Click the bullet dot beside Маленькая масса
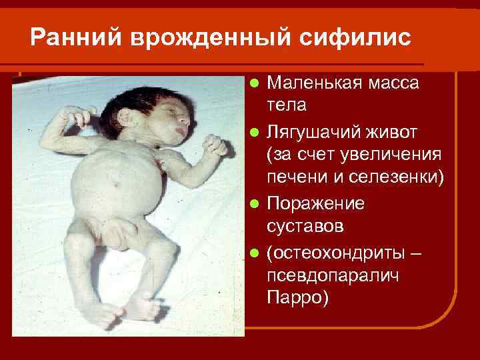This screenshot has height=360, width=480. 253,84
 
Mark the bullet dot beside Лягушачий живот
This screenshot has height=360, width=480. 253,132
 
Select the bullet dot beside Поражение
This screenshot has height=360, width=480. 253,204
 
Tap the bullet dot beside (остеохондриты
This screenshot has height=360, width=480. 253,252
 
